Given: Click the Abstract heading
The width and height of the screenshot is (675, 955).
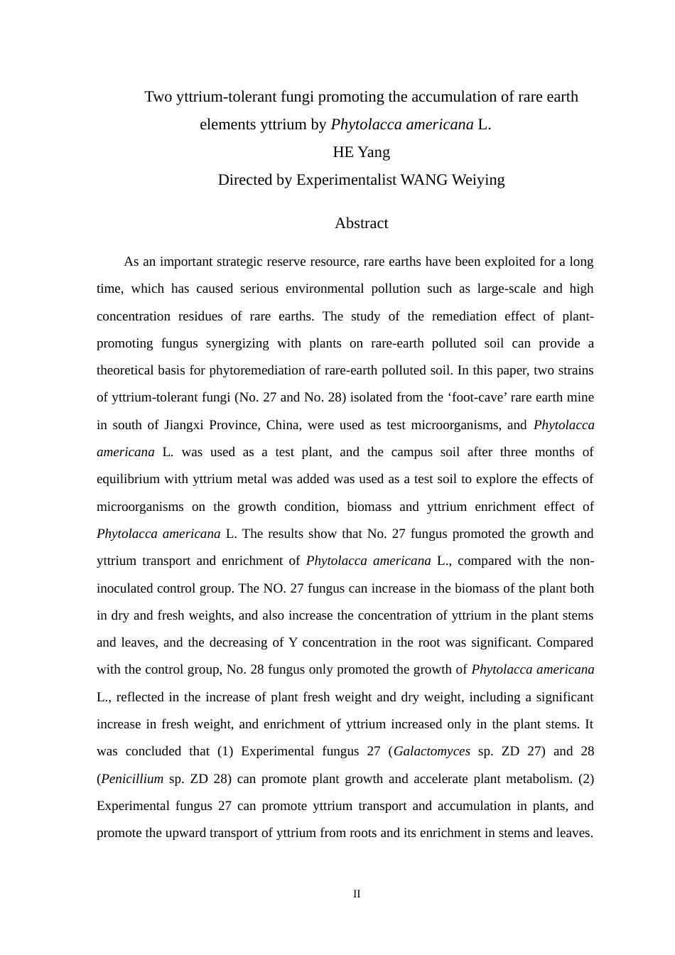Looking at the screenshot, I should (x=361, y=223).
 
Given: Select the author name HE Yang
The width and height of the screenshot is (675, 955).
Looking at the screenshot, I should (x=361, y=152).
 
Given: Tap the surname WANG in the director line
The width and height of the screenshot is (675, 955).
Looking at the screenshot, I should (x=424, y=180).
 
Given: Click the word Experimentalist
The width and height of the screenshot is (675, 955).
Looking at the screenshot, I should (x=346, y=180).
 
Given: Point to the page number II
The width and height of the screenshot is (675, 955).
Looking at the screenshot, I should (x=357, y=894).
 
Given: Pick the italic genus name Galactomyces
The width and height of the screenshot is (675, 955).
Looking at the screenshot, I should (x=431, y=751).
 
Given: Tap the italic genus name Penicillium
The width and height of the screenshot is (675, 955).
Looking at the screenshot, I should (x=132, y=779).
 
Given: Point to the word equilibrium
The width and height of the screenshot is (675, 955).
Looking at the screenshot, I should (x=129, y=479).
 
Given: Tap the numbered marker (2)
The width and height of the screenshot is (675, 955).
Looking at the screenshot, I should (x=586, y=779).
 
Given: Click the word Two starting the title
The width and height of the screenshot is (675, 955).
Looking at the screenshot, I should (x=158, y=97).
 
